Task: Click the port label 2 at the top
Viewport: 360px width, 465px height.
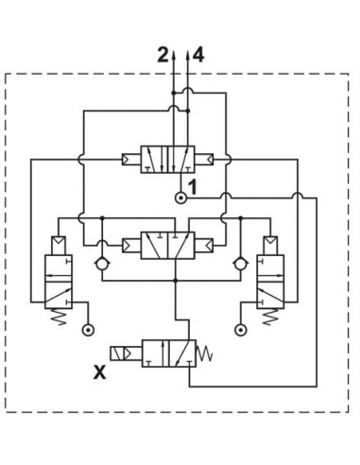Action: click(163, 55)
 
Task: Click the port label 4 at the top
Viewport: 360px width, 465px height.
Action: click(198, 55)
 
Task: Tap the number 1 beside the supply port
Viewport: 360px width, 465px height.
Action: click(192, 187)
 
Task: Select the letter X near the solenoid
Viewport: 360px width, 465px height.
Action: click(100, 371)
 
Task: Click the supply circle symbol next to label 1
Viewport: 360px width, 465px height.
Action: click(180, 198)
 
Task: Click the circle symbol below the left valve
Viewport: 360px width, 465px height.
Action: click(88, 330)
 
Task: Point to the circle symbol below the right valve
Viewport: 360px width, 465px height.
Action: click(241, 330)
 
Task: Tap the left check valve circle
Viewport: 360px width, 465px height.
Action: click(102, 264)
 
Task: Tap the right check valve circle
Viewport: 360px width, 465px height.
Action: click(240, 264)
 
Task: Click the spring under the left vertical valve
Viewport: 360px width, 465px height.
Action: click(59, 317)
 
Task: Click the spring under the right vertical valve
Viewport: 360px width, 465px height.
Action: click(270, 317)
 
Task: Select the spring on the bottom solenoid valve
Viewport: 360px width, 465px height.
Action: click(204, 353)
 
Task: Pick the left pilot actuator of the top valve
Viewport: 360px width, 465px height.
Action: click(131, 159)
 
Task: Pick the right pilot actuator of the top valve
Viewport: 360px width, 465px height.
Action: click(204, 159)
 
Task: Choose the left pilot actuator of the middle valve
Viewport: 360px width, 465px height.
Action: click(131, 246)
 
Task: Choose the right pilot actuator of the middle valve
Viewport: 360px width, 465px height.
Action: click(204, 246)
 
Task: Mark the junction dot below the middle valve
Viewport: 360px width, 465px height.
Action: click(176, 281)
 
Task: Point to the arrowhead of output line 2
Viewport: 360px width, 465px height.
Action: click(173, 56)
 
